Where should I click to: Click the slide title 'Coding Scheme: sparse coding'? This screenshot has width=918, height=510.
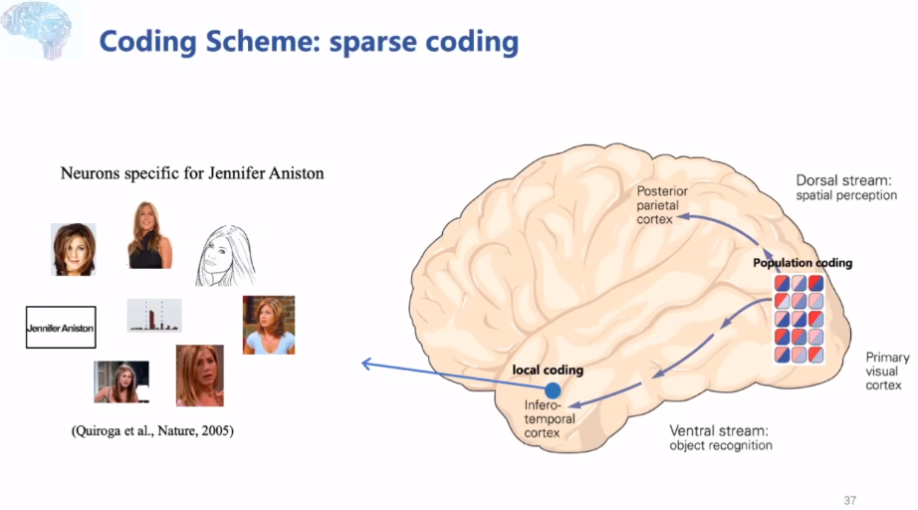[x=309, y=42]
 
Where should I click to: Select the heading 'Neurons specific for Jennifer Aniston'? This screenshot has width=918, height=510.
[x=192, y=172]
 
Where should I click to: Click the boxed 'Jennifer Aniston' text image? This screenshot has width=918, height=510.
[x=61, y=327]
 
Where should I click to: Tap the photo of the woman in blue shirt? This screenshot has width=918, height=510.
[x=268, y=325]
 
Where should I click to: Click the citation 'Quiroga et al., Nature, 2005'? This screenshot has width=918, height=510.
[x=152, y=431]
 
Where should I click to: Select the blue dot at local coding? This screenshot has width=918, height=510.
[x=553, y=390]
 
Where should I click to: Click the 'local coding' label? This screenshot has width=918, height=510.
[x=548, y=370]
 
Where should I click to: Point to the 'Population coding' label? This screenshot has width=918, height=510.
[x=803, y=263]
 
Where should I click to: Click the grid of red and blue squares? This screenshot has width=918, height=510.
[x=802, y=319]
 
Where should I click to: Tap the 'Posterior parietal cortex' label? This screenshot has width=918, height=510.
[x=662, y=204]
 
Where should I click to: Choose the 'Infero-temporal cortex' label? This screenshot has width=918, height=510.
[x=550, y=419]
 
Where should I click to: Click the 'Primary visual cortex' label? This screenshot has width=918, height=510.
[x=883, y=371]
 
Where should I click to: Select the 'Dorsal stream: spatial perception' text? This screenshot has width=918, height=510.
[x=846, y=187]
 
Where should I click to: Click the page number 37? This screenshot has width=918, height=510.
[x=848, y=500]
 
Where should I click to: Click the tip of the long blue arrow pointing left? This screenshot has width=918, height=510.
[x=363, y=364]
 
